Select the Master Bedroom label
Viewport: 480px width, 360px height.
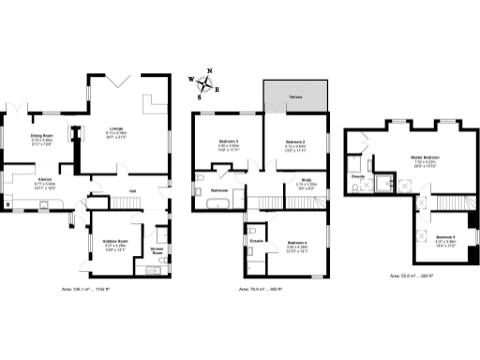point(424,157)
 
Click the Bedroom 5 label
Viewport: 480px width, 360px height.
point(445,236)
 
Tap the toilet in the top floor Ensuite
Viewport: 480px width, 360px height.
point(360,187)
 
